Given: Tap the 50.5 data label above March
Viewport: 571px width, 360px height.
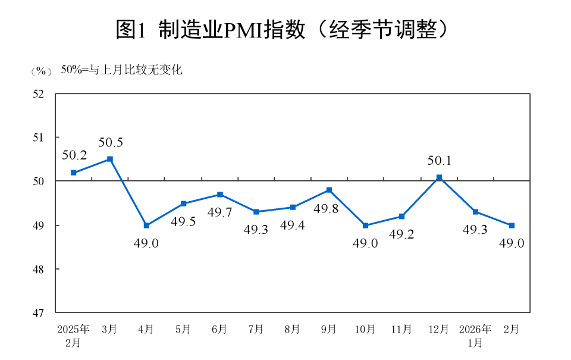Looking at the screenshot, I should pyautogui.click(x=110, y=143).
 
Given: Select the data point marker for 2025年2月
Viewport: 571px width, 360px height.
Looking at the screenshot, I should pyautogui.click(x=74, y=173).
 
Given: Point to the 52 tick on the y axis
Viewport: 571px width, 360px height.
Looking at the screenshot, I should pyautogui.click(x=39, y=94).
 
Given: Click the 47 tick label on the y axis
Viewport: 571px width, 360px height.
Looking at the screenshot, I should pyautogui.click(x=39, y=312).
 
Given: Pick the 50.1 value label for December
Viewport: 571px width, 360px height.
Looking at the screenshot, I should pyautogui.click(x=440, y=161).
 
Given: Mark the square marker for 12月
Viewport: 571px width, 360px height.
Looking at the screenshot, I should pyautogui.click(x=439, y=177).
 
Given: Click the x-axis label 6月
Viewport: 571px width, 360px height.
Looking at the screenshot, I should pyautogui.click(x=219, y=329).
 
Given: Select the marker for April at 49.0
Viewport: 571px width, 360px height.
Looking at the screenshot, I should pyautogui.click(x=146, y=226).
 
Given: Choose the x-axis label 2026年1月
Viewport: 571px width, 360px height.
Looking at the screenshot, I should pyautogui.click(x=475, y=335).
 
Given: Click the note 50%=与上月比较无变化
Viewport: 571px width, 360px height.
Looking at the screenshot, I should pyautogui.click(x=121, y=70).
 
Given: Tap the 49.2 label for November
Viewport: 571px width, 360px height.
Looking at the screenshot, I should pyautogui.click(x=401, y=234).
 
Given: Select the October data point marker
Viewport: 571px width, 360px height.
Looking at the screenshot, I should pyautogui.click(x=365, y=226).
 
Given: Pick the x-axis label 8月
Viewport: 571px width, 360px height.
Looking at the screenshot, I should pyautogui.click(x=292, y=329).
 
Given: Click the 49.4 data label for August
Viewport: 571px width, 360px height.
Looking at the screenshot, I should pyautogui.click(x=292, y=226).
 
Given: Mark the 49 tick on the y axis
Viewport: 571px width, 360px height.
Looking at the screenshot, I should pyautogui.click(x=39, y=226).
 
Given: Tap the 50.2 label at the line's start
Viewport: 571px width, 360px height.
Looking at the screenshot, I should pyautogui.click(x=74, y=156).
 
